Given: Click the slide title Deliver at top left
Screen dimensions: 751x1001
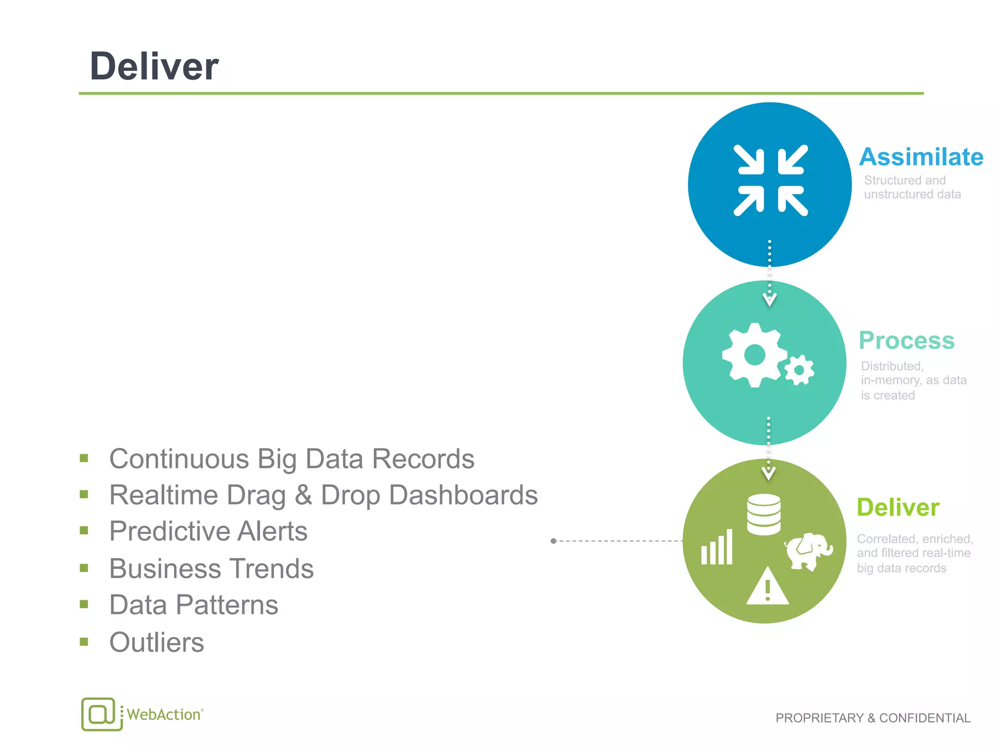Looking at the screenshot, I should point(154,66).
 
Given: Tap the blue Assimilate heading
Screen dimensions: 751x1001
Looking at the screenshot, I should point(921,157).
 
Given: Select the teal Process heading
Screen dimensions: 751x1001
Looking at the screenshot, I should point(907,341).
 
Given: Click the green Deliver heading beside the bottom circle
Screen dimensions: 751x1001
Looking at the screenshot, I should point(898,508).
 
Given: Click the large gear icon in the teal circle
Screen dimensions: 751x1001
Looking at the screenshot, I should point(754,355).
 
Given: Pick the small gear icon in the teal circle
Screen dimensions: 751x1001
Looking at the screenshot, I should point(800,371).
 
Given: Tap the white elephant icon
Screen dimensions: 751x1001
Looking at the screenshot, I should point(808,552).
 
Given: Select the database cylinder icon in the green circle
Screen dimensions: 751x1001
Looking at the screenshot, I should point(763,514).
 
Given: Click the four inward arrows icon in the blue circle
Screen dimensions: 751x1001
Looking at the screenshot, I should point(771,180).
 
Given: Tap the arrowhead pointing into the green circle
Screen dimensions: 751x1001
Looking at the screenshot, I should point(768,473).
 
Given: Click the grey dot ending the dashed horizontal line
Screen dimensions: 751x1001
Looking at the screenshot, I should point(553,541).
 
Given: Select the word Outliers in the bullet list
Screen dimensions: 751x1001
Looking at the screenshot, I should point(156,642).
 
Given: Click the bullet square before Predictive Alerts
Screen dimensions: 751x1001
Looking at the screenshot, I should point(84,531).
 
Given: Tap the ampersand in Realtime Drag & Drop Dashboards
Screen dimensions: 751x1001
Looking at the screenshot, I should point(303,495).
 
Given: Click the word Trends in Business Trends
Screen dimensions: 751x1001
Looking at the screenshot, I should point(272,569).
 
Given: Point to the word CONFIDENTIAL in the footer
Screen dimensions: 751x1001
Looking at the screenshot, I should point(925,718).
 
